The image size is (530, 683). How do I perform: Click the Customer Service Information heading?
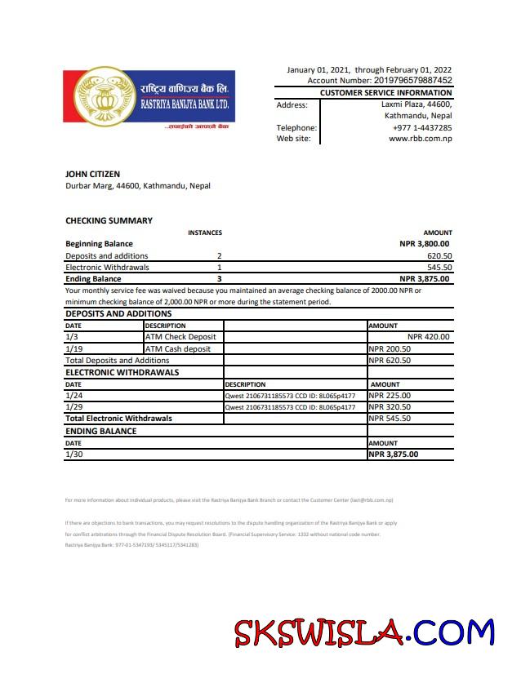385,93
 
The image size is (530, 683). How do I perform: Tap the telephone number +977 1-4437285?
422,127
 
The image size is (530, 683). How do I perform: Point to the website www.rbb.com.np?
421,139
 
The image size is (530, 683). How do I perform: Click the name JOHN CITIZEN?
92,174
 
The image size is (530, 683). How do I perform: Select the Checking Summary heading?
109,220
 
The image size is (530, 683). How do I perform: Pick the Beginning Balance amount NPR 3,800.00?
424,243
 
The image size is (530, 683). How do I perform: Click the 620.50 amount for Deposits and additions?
439,255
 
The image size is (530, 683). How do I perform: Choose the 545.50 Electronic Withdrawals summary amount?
439,267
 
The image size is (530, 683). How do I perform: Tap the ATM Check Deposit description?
180,336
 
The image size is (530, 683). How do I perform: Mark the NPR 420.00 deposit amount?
428,336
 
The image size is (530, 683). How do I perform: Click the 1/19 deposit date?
73,348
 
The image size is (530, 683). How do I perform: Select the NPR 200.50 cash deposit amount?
390,348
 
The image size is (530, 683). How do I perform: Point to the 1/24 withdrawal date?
73,396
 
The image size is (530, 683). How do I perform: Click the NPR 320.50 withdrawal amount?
390,406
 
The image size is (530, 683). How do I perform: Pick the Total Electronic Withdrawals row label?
118,418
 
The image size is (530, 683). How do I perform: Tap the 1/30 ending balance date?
73,455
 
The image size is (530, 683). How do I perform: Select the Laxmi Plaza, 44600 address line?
416,104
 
